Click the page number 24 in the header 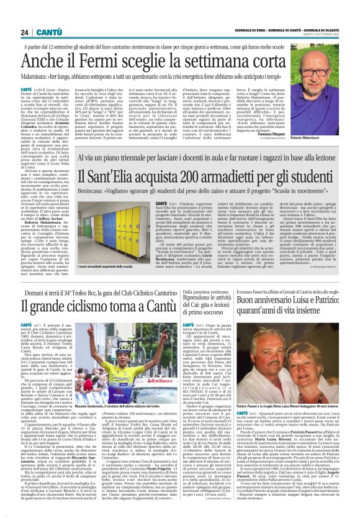click(x=24, y=14)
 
